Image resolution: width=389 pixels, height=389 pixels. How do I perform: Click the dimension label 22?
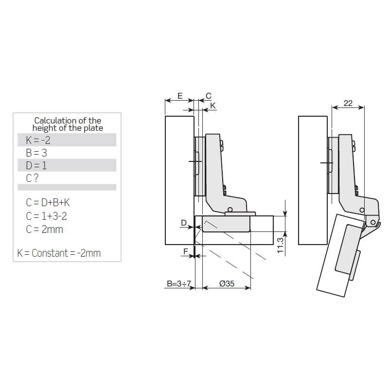pyautogui.click(x=348, y=103)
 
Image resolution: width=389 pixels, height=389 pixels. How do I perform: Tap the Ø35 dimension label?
pyautogui.click(x=227, y=283)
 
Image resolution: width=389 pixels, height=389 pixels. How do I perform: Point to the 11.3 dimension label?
pyautogui.click(x=280, y=246)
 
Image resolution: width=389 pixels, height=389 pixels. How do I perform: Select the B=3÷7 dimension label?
pyautogui.click(x=179, y=283)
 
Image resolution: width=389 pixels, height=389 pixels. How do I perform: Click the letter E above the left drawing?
pyautogui.click(x=180, y=96)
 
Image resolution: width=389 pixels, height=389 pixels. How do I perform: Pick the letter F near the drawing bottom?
pyautogui.click(x=186, y=251)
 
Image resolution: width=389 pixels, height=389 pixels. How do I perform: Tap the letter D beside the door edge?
pyautogui.click(x=184, y=223)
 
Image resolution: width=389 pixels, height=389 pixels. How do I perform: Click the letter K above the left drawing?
pyautogui.click(x=213, y=106)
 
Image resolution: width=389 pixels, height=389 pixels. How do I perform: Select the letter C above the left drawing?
pyautogui.click(x=209, y=96)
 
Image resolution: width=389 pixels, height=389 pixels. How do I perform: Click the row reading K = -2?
pyautogui.click(x=38, y=140)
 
